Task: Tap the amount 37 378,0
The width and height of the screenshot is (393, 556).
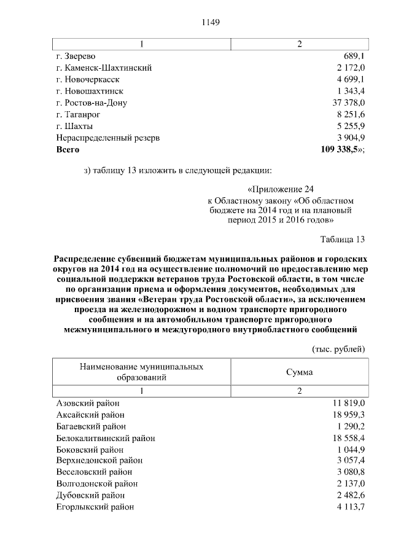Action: pyautogui.click(x=349, y=103)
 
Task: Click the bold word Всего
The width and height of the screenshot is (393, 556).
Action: pyautogui.click(x=68, y=149)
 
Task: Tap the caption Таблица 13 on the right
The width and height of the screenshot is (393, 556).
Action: pyautogui.click(x=343, y=239)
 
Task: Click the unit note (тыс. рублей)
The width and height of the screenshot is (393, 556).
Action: pyautogui.click(x=339, y=349)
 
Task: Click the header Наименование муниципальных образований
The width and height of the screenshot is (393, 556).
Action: pyautogui.click(x=142, y=372)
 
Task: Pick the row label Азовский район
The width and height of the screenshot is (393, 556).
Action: pyautogui.click(x=88, y=403)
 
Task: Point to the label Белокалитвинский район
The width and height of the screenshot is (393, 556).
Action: pyautogui.click(x=105, y=439)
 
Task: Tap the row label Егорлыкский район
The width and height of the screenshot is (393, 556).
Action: pyautogui.click(x=95, y=507)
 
